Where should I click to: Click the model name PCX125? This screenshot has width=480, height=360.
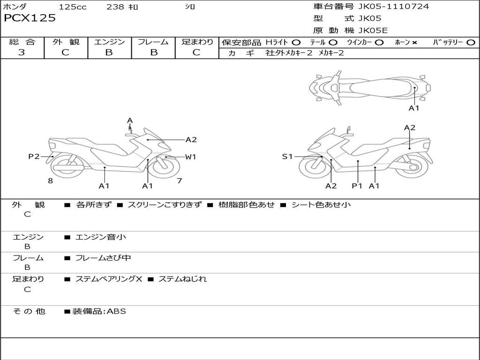pos(30,18)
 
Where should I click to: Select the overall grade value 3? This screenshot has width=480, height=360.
pos(22,52)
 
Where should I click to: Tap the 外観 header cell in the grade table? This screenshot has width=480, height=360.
pos(66,42)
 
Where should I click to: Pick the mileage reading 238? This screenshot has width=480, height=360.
pos(115,7)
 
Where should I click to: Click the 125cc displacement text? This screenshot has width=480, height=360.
pos(73,7)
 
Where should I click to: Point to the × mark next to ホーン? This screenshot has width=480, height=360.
pos(414,42)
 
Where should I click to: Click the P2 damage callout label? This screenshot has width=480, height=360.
pos(34,157)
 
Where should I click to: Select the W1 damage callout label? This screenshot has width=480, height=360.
pos(190,157)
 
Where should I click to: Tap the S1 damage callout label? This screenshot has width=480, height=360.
pos(287,157)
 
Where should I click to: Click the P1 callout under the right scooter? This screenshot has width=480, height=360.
pos(358,186)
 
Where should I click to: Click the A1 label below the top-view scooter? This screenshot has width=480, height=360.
pos(414,108)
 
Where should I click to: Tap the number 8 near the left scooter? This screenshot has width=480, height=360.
pos(50,181)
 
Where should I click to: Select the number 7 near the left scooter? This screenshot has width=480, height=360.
pos(179,181)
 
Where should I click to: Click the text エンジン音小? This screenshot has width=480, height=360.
pos(100,237)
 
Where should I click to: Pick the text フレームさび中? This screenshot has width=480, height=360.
pos(103,258)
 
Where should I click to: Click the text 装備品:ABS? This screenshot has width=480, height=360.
pos(98,311)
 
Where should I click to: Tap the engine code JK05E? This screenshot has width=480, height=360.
pos(373,30)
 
